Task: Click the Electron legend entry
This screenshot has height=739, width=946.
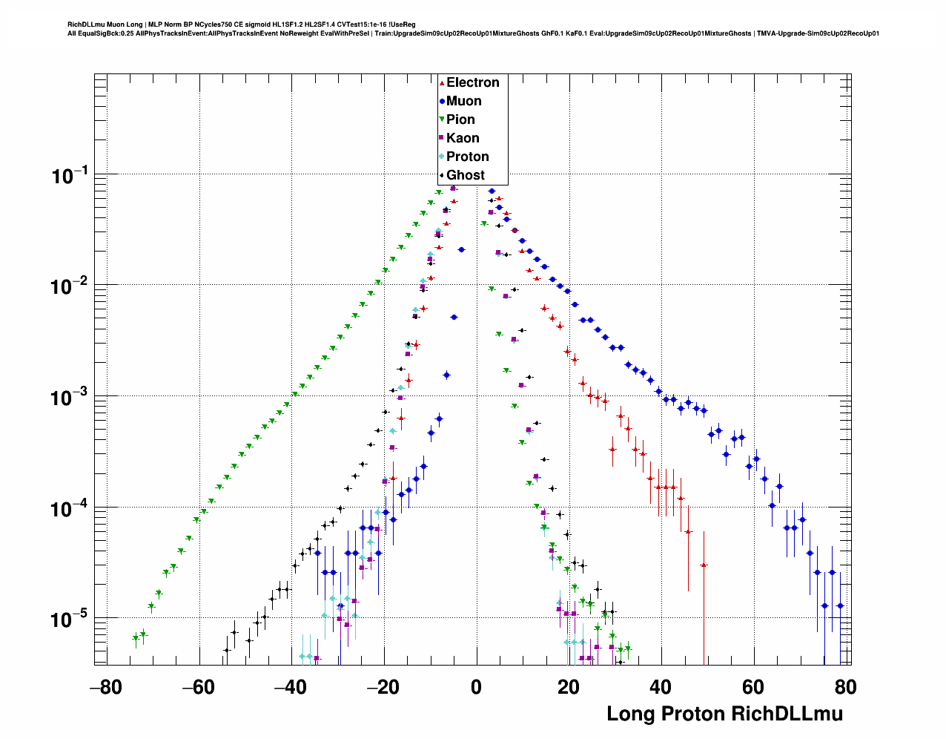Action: [x=472, y=82]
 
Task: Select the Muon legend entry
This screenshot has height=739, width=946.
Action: [x=463, y=101]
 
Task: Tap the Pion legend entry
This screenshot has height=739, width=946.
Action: [x=460, y=119]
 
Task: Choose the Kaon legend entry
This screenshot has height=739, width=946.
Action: [x=463, y=138]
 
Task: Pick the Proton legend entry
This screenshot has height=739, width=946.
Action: [x=467, y=157]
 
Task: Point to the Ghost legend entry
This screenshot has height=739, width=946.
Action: [x=465, y=175]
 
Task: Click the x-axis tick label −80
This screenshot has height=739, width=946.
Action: [x=105, y=687]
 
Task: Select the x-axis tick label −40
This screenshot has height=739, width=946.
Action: [x=290, y=687]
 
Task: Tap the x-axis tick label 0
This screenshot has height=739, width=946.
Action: [x=477, y=687]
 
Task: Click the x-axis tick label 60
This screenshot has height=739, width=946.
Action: [x=753, y=687]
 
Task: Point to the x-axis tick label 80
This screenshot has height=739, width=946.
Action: [x=845, y=687]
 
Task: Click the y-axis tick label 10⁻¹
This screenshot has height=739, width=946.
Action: [x=70, y=176]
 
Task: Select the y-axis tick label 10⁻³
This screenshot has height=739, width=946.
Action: [x=70, y=398]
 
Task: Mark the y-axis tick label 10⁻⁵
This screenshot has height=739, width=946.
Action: [x=70, y=620]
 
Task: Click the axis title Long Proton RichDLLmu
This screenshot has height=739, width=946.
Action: [x=724, y=714]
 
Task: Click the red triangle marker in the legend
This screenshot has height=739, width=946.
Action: [x=442, y=82]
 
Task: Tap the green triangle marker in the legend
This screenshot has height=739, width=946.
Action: [x=442, y=119]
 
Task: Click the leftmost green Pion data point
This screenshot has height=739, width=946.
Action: [x=136, y=638]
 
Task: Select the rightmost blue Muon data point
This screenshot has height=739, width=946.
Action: [x=840, y=605]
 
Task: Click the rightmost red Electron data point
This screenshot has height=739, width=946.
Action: [x=704, y=565]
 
